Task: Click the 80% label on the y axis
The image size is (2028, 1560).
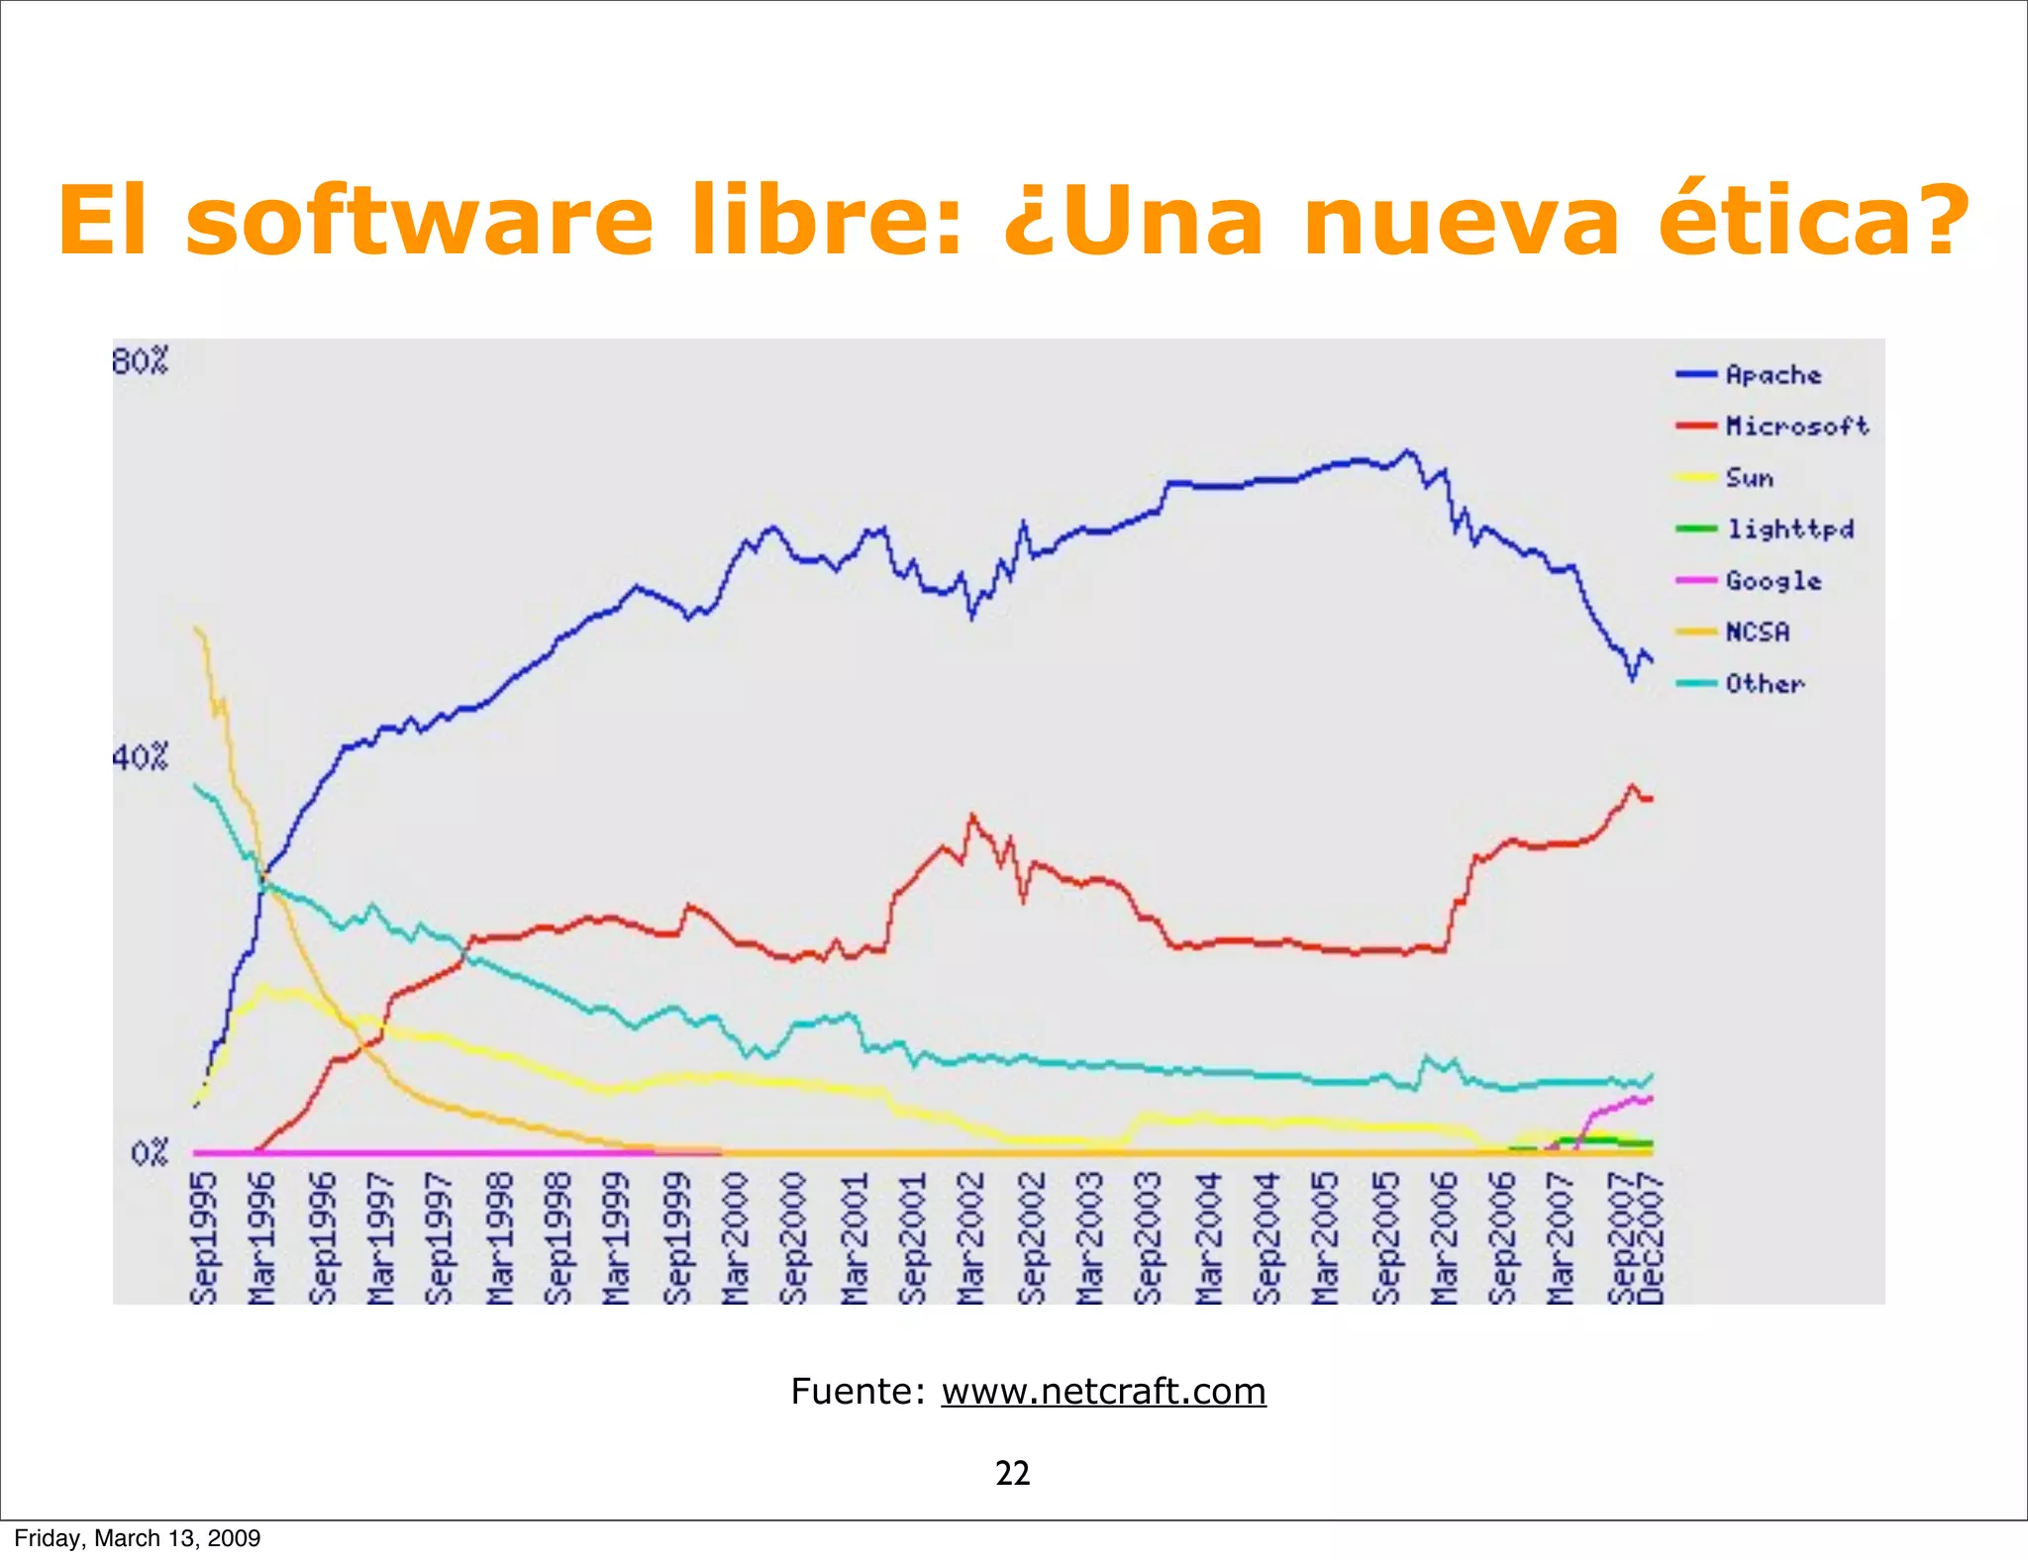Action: [140, 361]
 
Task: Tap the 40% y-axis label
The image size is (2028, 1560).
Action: [140, 758]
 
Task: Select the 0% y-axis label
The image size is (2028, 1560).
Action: [150, 1153]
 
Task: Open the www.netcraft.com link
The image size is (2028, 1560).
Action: [1103, 1392]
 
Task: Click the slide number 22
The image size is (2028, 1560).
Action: [1013, 1474]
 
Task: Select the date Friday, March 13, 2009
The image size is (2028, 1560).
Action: [138, 1538]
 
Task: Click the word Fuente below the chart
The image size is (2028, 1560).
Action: [857, 1392]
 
